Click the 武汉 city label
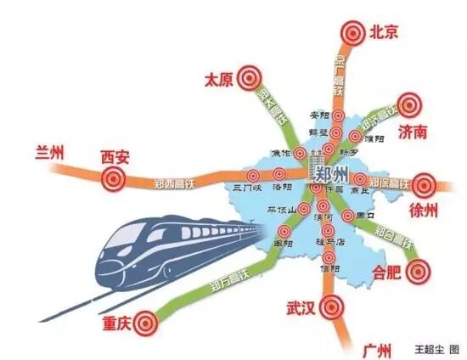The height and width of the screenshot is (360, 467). [x=301, y=306]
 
